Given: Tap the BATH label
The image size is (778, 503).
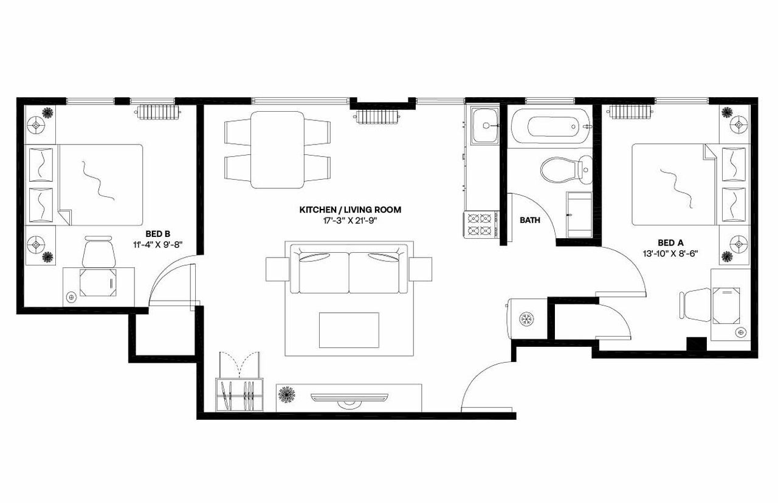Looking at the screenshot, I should (529, 221).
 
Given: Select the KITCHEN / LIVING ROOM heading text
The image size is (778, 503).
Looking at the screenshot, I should (350, 210).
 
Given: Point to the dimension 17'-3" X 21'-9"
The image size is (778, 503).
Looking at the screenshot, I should (350, 221).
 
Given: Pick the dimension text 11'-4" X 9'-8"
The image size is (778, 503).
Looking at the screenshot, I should (157, 244).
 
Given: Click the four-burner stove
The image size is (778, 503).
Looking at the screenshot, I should (480, 224).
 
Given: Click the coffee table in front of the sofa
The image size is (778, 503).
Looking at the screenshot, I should (349, 330).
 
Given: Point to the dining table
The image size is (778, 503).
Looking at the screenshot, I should (277, 149).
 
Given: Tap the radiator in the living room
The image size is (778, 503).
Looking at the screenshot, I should (377, 115).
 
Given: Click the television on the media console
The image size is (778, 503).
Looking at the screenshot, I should (349, 397).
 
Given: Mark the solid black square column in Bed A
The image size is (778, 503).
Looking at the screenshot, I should (696, 343).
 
